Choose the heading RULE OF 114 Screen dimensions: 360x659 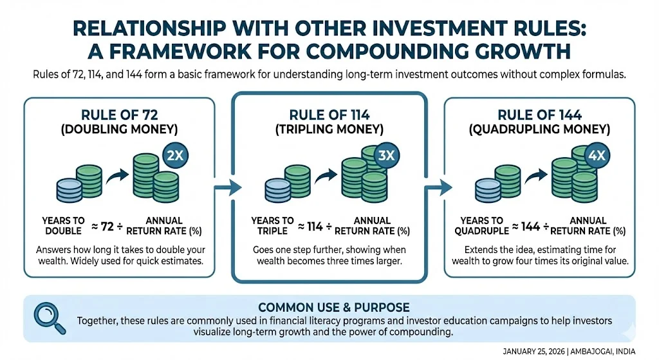point(329,115)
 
